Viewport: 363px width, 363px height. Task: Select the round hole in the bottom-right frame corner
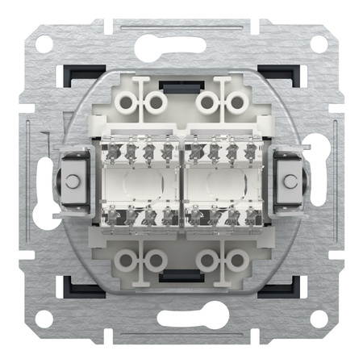tap(317, 316)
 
